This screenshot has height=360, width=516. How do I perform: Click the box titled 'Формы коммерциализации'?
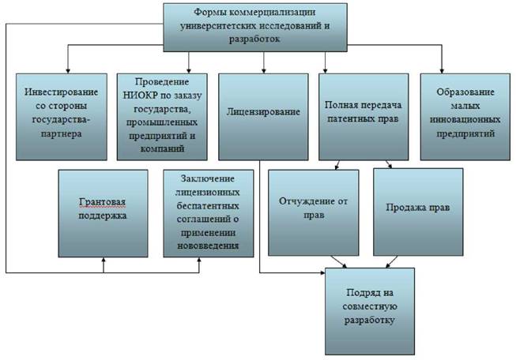click(x=255, y=28)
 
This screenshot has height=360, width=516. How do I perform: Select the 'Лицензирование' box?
click(x=263, y=117)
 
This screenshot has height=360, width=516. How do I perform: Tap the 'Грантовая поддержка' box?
click(x=103, y=213)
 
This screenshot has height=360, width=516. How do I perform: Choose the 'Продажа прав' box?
click(x=418, y=212)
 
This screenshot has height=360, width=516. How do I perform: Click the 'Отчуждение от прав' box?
click(x=313, y=212)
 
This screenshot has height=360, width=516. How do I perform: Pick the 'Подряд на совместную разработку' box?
click(x=370, y=311)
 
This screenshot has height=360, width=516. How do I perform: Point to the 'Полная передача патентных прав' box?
click(x=363, y=117)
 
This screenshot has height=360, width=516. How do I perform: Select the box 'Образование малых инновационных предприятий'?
click(x=465, y=117)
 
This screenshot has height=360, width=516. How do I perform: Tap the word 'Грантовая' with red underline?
click(x=103, y=202)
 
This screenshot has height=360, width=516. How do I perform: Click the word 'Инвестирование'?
click(x=61, y=92)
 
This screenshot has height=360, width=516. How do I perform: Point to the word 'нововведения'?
click(x=208, y=246)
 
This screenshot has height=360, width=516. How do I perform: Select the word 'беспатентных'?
click(x=208, y=206)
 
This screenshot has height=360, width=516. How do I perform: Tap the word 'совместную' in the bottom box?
click(x=370, y=306)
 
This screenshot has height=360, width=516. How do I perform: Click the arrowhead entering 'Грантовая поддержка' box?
click(x=104, y=260)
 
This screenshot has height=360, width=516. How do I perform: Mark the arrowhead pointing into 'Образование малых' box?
click(x=442, y=71)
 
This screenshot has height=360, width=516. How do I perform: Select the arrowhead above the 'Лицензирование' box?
click(x=264, y=71)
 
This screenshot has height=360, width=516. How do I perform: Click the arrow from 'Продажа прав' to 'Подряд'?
click(x=392, y=261)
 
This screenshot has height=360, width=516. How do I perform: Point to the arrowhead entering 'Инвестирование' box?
click(x=68, y=71)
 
